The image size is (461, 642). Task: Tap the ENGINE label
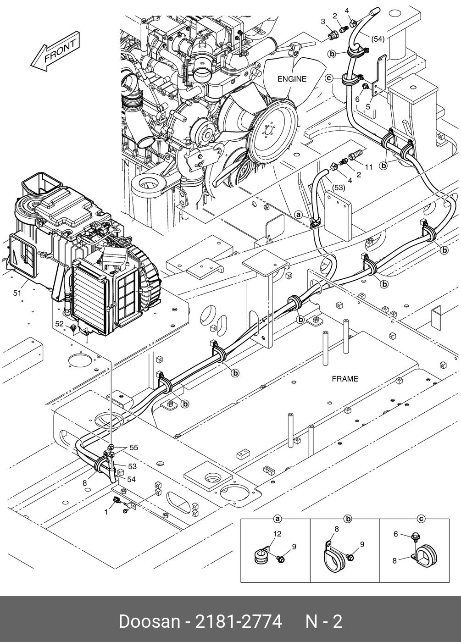[x=292, y=79]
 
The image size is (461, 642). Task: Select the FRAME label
[x=345, y=379]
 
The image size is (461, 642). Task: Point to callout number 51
[x=17, y=293]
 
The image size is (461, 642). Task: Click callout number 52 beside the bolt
[x=59, y=324]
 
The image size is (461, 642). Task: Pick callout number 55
[x=133, y=448]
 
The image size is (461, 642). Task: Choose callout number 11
[x=368, y=167]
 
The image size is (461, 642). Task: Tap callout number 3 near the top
[x=323, y=22]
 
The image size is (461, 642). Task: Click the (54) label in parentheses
[x=378, y=39]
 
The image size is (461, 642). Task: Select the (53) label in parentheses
[x=339, y=188]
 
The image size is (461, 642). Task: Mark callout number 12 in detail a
[x=277, y=534]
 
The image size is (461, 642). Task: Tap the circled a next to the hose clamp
[x=299, y=215]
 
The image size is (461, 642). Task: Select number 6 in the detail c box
[x=395, y=534]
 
